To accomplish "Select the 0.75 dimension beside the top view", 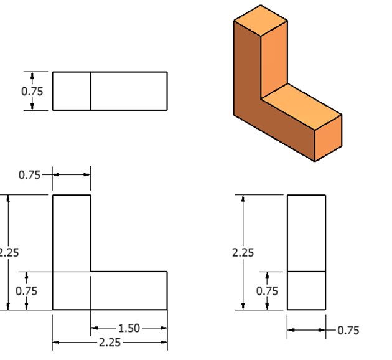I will coord(32,91).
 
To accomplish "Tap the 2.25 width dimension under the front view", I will coord(110,342).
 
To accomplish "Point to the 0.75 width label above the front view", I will coord(29,174).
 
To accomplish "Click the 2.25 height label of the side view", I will coord(243,253).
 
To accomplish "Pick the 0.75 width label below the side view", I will coord(348,331).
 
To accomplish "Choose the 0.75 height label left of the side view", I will coord(267,290).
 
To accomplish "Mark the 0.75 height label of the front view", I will coord(26,290).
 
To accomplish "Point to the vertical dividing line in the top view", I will coord(91,91).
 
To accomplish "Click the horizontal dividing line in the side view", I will coord(306,272).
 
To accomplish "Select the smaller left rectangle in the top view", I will coord(72,91).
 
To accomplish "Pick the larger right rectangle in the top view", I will coord(129,91).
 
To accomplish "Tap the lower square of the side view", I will coord(306,290).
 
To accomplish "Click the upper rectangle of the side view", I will coord(306,233).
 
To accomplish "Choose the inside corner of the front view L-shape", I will coord(91,272).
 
